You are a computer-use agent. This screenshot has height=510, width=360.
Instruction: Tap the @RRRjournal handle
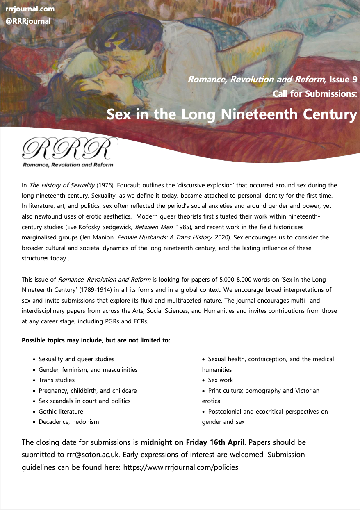[28, 21]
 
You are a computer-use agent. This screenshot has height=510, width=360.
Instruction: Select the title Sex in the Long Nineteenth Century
[232, 114]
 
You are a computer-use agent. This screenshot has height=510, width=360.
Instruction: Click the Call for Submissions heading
[315, 94]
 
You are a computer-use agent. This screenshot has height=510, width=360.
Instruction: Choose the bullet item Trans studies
[57, 380]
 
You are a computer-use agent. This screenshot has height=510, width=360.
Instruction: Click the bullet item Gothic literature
[61, 411]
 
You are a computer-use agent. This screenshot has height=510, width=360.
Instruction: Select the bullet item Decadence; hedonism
[69, 421]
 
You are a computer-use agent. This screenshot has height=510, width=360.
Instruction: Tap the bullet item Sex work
[220, 380]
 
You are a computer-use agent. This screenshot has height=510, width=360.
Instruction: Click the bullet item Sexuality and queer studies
[76, 359]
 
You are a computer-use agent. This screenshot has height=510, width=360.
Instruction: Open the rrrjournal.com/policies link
[180, 467]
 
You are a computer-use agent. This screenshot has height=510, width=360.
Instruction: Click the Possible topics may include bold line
[96, 340]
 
